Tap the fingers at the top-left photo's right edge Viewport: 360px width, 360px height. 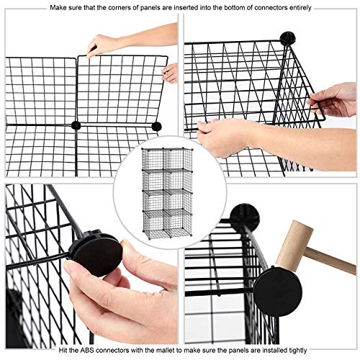[x=171, y=72]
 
